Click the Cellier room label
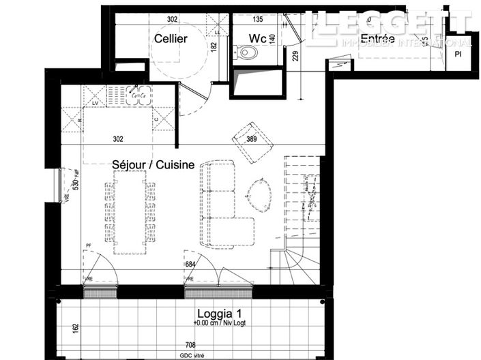171,39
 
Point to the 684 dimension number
190,264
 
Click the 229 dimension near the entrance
295,57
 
